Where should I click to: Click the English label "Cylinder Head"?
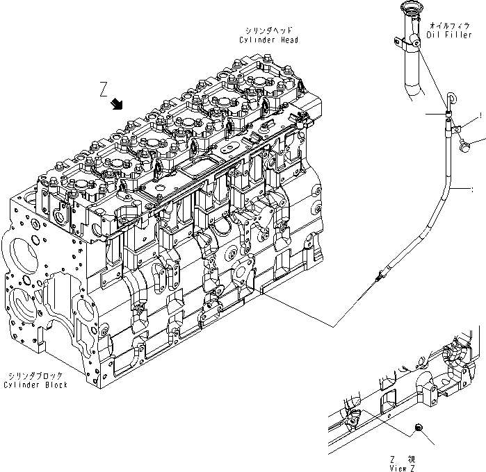pos(269,40)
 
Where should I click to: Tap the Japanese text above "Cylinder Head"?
pos(269,31)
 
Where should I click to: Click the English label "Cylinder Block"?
pos(35,385)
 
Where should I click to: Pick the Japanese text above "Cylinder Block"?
pos(35,376)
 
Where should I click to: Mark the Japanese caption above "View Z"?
pos(403,458)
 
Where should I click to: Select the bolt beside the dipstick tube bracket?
pos(469,145)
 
